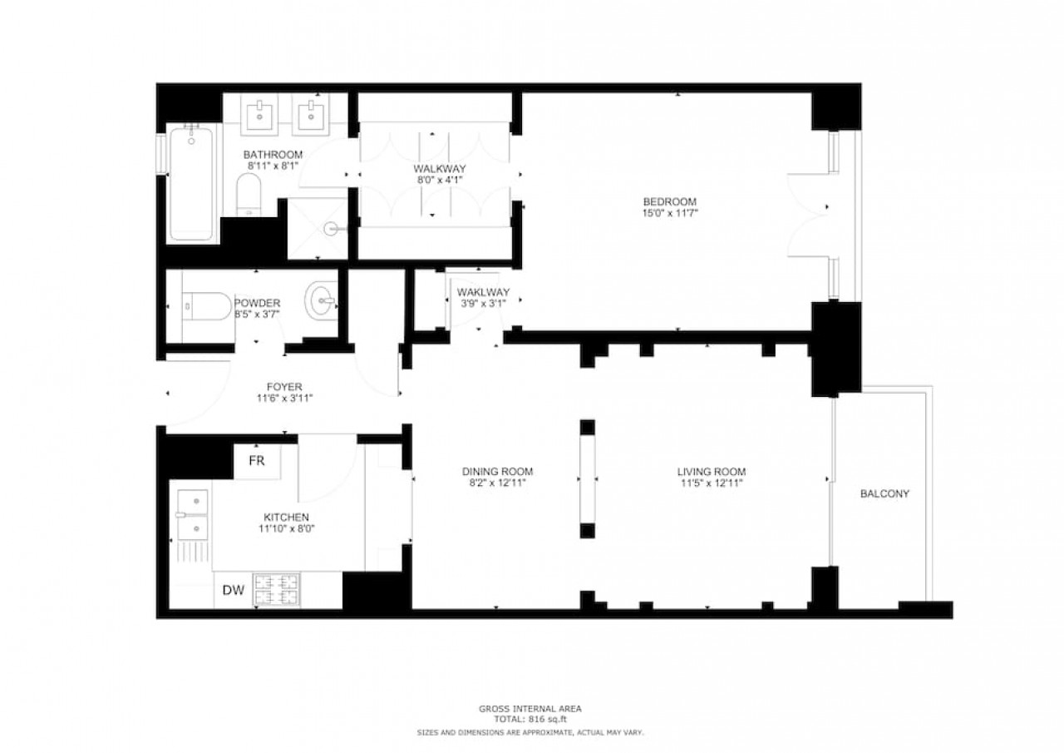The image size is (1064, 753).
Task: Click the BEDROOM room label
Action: coord(670,201)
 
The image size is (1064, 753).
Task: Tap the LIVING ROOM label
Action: coord(712,472)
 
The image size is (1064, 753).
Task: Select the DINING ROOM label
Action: coord(497,472)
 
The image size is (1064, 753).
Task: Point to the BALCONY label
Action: coord(885,494)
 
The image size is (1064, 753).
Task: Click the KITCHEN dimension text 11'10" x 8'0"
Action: coord(287,528)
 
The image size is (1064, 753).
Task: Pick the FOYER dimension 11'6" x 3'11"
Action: coord(284,399)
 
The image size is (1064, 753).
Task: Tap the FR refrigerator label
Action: coord(257,461)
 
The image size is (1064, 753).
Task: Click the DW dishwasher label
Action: coord(234,590)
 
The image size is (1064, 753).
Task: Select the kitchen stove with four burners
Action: coord(277,590)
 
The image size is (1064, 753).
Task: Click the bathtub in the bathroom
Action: coord(191,183)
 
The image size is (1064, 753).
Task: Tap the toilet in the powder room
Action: coord(207,306)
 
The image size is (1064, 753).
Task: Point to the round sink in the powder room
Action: coord(321,300)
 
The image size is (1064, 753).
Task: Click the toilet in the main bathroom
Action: coord(249,195)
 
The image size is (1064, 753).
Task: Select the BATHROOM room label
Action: coord(273,155)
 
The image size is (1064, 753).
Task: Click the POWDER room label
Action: coord(257,303)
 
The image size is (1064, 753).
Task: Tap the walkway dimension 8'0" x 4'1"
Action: coord(440,180)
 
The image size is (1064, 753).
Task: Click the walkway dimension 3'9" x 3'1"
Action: coord(483,304)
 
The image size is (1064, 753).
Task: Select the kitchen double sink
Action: coord(192,515)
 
